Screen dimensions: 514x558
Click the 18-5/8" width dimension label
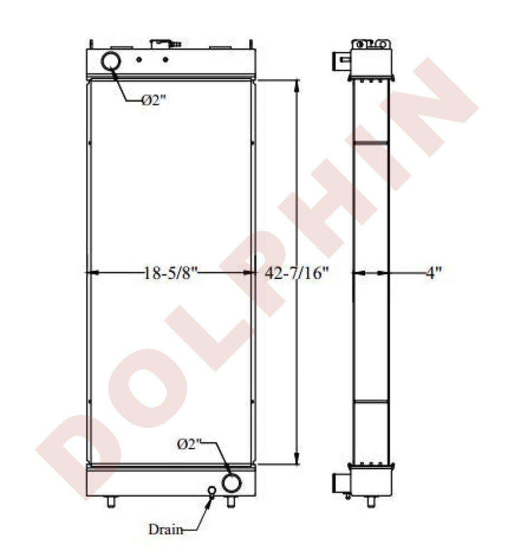point(170,273)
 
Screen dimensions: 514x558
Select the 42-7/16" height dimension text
point(297,273)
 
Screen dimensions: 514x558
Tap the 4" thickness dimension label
point(434,273)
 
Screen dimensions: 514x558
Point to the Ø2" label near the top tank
point(153,100)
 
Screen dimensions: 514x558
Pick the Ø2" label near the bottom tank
point(189,444)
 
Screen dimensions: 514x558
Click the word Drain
point(166,530)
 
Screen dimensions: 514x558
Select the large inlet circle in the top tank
point(111,61)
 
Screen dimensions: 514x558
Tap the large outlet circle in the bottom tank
point(231,483)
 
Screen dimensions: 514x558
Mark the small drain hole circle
point(212,490)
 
